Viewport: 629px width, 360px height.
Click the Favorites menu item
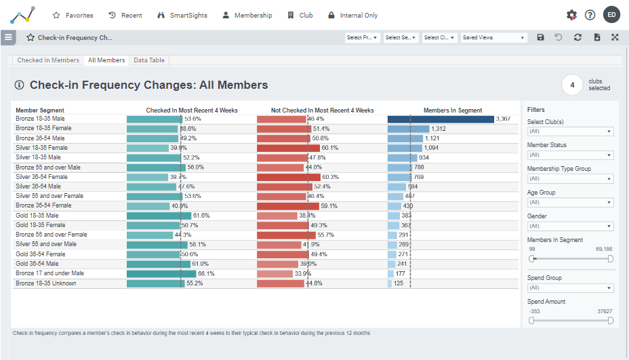point(73,15)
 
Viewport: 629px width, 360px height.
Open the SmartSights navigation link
point(182,15)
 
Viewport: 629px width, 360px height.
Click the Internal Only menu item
point(352,15)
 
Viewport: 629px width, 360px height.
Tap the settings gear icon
point(571,15)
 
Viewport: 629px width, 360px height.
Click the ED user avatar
point(611,15)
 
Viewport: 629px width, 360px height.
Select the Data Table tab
point(148,60)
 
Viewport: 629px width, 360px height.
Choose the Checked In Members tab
point(48,60)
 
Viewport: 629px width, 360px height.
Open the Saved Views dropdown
point(493,38)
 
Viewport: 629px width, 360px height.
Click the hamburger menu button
point(8,37)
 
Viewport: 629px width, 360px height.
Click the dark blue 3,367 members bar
point(441,119)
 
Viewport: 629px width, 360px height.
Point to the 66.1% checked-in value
point(206,274)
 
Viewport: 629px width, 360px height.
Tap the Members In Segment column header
point(453,111)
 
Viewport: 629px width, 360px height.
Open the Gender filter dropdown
point(570,226)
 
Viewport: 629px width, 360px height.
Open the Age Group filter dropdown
point(570,203)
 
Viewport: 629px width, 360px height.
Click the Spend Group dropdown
point(570,288)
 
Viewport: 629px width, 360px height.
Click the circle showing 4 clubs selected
point(572,85)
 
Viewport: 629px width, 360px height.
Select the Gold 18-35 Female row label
point(41,225)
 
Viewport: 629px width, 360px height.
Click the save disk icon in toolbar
point(540,38)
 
